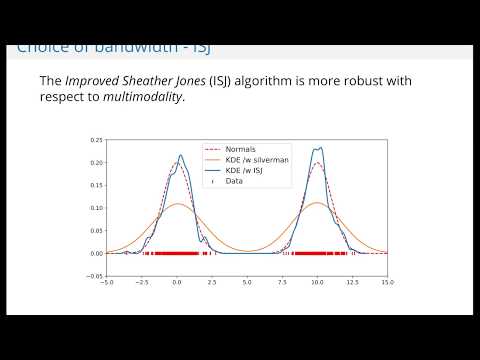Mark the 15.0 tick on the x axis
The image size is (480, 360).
pyautogui.click(x=387, y=284)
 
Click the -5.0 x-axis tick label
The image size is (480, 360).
pyautogui.click(x=105, y=284)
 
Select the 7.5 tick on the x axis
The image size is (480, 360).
pyautogui.click(x=282, y=284)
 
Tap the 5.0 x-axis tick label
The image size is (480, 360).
pyautogui.click(x=247, y=284)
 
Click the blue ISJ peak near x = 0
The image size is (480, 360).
pyautogui.click(x=180, y=155)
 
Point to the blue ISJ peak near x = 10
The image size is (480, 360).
pyautogui.click(x=319, y=147)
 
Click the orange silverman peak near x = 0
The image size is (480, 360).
pyautogui.click(x=177, y=204)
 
